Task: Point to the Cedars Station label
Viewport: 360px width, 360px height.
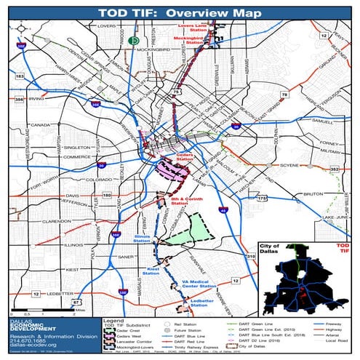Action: [x=183, y=156]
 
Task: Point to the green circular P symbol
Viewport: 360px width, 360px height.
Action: [x=134, y=42]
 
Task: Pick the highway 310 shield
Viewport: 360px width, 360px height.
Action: [x=251, y=257]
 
